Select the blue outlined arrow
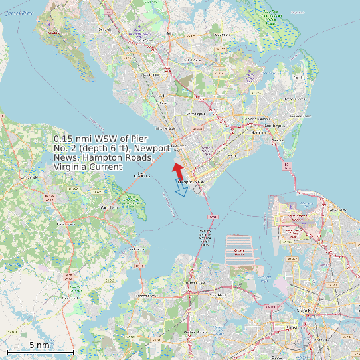click(181, 188)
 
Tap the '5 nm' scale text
click(39, 345)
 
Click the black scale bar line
click(40, 351)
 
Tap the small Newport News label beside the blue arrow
click(189, 181)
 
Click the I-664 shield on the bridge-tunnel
click(213, 217)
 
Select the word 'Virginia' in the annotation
click(70, 167)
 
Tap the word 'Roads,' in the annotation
click(139, 157)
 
